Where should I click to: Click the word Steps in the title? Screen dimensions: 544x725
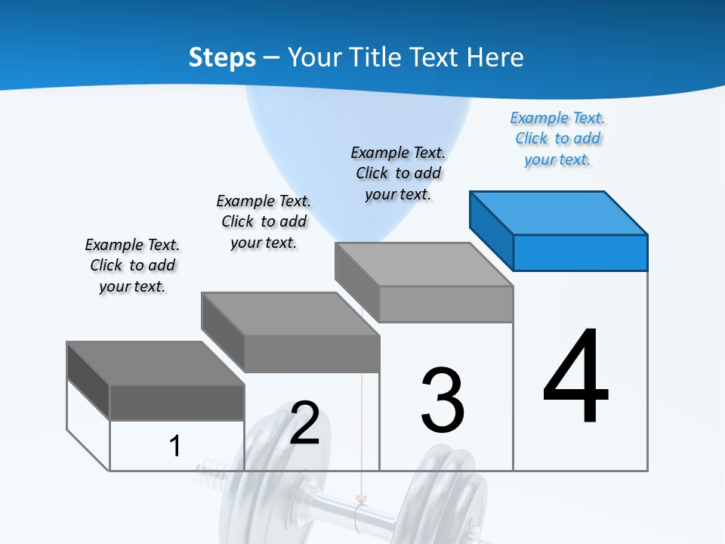[222, 57]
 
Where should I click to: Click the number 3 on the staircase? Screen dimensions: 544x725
[443, 400]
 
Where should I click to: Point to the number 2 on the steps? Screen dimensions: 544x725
[304, 423]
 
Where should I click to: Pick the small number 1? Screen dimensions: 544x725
[174, 446]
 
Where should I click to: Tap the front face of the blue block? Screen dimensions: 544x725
[580, 252]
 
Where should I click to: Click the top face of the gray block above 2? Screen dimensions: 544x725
[290, 314]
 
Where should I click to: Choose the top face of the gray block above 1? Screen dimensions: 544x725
[156, 363]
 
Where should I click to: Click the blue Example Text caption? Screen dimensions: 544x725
[557, 138]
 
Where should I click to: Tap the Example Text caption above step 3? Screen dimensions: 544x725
[398, 173]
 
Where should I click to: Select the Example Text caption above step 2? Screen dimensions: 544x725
[264, 221]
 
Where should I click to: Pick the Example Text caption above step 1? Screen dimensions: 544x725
[132, 265]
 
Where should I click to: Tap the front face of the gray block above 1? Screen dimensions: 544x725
[177, 402]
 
